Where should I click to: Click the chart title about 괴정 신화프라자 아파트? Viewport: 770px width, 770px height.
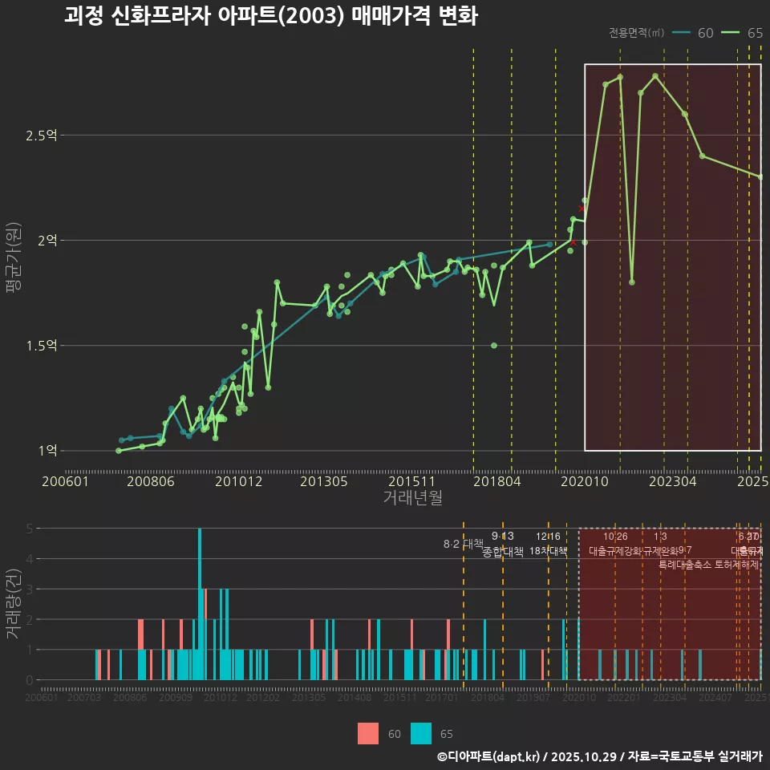point(270,17)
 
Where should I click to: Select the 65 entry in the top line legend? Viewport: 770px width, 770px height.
point(754,33)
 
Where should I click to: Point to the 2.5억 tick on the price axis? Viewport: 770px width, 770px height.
point(41,136)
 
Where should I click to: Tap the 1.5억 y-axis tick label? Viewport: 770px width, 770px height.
point(41,346)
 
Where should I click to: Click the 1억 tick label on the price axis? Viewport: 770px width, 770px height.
point(47,451)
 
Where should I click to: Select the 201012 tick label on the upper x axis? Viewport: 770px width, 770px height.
point(238,482)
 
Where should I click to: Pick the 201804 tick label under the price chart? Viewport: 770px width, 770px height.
point(496,482)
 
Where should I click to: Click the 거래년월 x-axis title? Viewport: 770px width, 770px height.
point(412,498)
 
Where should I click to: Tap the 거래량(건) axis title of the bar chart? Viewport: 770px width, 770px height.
point(14,603)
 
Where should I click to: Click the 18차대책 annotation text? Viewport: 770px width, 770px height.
point(549,551)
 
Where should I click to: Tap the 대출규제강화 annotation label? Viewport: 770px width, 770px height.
point(615,552)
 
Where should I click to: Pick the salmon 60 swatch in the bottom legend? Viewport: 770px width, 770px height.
point(368,733)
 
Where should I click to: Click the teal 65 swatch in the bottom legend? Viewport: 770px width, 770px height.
point(421,733)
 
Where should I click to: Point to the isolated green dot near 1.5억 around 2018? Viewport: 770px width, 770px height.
point(494,346)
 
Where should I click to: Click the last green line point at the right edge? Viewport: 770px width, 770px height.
point(760,177)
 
